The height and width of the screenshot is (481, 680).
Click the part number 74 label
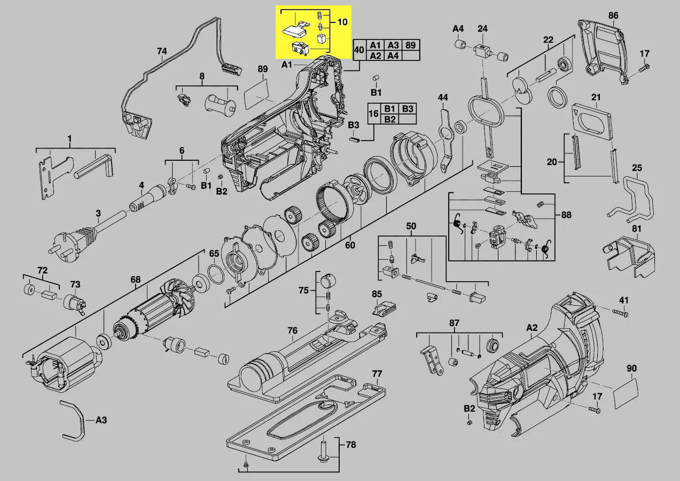click(162, 52)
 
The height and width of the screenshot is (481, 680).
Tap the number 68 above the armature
click(135, 280)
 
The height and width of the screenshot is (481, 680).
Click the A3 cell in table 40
click(393, 45)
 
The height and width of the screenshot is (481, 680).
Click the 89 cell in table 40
click(410, 45)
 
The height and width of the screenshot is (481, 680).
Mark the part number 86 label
click(613, 16)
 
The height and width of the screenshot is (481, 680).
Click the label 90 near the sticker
click(631, 369)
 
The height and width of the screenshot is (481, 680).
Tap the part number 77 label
click(377, 374)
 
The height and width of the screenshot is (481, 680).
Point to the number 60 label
click(350, 246)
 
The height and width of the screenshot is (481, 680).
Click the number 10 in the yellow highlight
click(342, 22)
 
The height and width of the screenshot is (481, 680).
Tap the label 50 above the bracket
click(411, 227)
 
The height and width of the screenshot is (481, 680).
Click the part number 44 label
click(443, 97)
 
